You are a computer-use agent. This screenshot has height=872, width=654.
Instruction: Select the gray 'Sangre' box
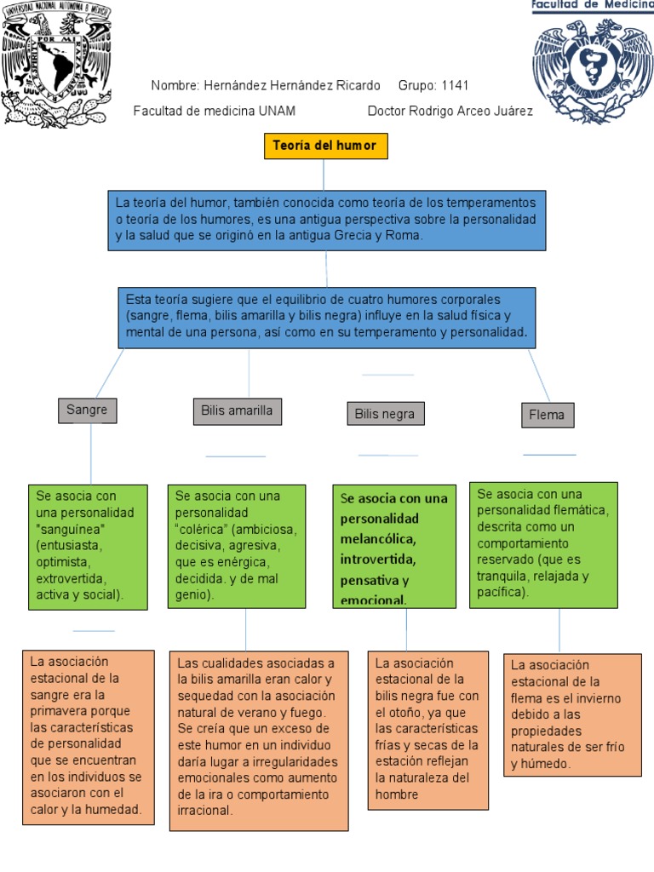pos(87,410)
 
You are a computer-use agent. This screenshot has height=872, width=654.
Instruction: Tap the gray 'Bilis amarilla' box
pos(237,411)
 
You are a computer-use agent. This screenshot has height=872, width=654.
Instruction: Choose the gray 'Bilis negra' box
pos(385,414)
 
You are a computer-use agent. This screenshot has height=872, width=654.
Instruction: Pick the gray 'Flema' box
pos(548,416)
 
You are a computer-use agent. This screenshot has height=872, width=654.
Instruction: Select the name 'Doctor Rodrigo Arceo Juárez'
pos(450,112)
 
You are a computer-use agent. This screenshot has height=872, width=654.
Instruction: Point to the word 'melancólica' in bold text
pos(377,539)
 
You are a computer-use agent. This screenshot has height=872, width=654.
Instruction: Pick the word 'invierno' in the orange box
pos(598,698)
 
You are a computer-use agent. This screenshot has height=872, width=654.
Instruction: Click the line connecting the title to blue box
pos(324,175)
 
